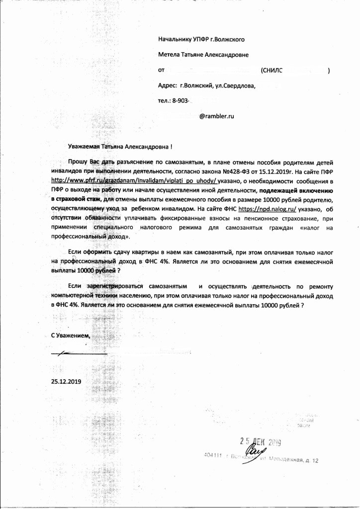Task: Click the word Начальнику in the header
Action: (x=175, y=39)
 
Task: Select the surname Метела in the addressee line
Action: (x=169, y=55)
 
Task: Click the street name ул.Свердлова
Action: (x=235, y=85)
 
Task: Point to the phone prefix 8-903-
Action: (x=181, y=100)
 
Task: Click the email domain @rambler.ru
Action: (x=216, y=116)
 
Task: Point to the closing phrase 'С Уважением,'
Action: (x=72, y=336)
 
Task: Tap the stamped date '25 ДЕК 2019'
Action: (x=260, y=441)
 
